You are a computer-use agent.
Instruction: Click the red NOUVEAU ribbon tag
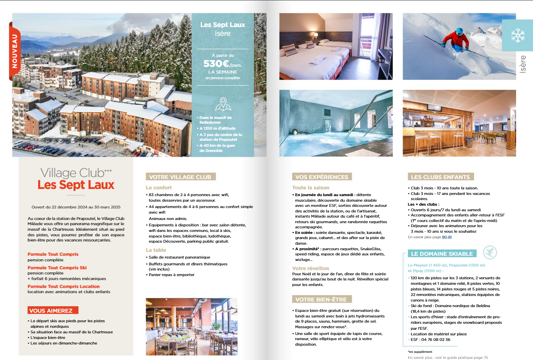tap(14, 51)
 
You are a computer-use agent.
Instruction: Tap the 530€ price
tap(217, 64)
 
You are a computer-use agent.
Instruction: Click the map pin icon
tap(223, 104)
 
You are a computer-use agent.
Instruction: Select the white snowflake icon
tap(517, 36)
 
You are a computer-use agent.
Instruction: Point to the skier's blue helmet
tap(459, 31)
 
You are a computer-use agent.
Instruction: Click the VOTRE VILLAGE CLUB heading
tap(180, 177)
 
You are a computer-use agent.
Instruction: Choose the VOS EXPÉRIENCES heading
tap(322, 177)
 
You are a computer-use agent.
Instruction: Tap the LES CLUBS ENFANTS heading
tap(440, 177)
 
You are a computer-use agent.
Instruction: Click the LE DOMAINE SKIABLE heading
tap(442, 254)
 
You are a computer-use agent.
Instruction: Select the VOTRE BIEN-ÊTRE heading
tap(321, 300)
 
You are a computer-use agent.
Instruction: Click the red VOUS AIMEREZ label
tap(53, 311)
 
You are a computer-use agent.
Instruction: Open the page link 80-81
tap(447, 237)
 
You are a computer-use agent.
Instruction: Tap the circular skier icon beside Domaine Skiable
tap(490, 252)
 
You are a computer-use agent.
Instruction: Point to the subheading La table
tap(156, 250)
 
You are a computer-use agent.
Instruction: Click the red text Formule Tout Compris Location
tap(64, 286)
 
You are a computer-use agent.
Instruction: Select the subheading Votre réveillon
tap(310, 269)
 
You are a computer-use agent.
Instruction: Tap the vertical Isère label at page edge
tap(522, 64)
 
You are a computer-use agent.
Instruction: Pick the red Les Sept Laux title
tap(76, 185)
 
